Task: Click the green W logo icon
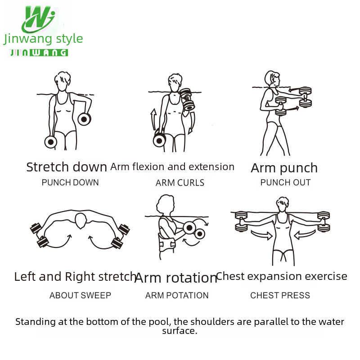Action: coord(39,19)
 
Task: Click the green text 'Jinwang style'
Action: coord(43,39)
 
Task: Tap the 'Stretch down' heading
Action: coord(67,167)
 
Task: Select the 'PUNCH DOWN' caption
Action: coord(70,183)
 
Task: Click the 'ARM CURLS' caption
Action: coord(180,183)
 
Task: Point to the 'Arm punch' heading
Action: coord(284,168)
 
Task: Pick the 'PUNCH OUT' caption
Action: coord(285,183)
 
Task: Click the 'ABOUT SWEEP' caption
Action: coord(80,296)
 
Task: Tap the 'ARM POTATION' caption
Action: coord(177,296)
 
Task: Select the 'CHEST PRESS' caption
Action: coord(280,296)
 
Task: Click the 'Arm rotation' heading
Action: coord(176,278)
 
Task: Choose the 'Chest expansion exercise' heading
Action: coord(282,276)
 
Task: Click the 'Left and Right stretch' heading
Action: coord(75,277)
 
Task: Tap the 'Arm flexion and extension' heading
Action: coord(172,167)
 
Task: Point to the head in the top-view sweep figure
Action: coord(81,221)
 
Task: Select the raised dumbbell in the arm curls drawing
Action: coord(187,99)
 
